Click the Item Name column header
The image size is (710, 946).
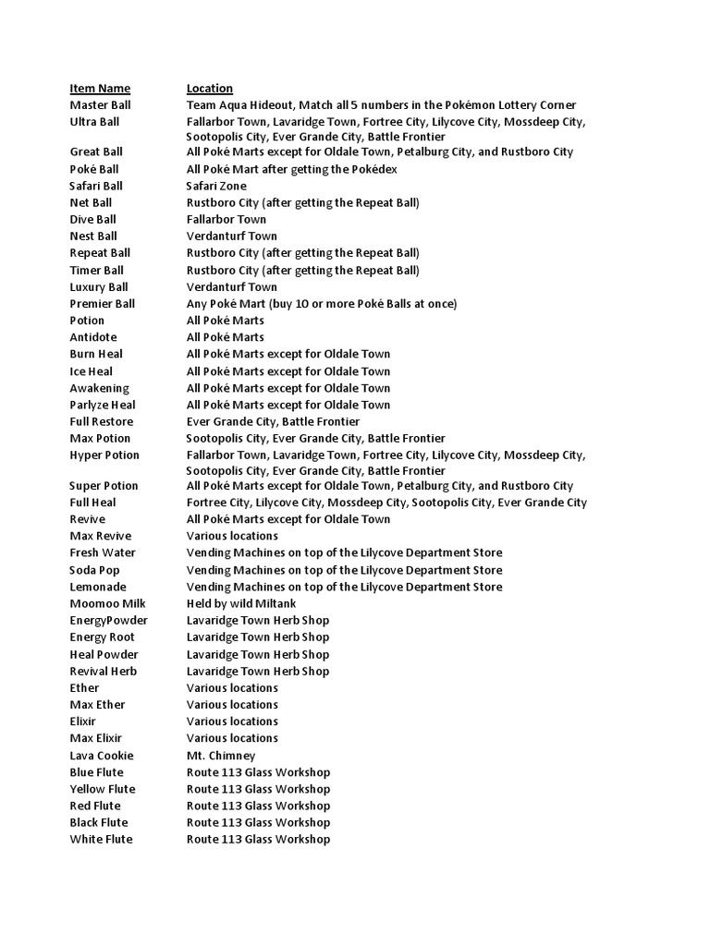click(x=100, y=89)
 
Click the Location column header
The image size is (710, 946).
click(x=210, y=89)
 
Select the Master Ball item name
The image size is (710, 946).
click(x=101, y=105)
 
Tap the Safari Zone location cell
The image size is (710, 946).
click(x=216, y=186)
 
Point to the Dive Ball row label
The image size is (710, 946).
click(x=93, y=219)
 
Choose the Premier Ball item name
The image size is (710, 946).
click(x=103, y=303)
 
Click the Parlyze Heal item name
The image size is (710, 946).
click(x=103, y=405)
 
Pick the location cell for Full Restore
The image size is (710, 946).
click(x=273, y=421)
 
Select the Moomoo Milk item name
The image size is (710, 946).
click(x=107, y=603)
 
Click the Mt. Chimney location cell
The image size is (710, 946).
click(x=221, y=755)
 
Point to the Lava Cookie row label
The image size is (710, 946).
click(x=102, y=755)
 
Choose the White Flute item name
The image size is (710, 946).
click(x=101, y=839)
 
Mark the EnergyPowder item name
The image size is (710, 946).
click(x=108, y=620)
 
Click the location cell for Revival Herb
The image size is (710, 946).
click(x=258, y=671)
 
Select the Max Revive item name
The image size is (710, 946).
click(x=101, y=536)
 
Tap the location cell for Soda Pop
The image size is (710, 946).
click(x=345, y=570)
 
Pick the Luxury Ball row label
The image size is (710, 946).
click(x=99, y=286)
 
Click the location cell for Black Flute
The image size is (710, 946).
click(x=258, y=822)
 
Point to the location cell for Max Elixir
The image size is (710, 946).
click(x=232, y=738)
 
